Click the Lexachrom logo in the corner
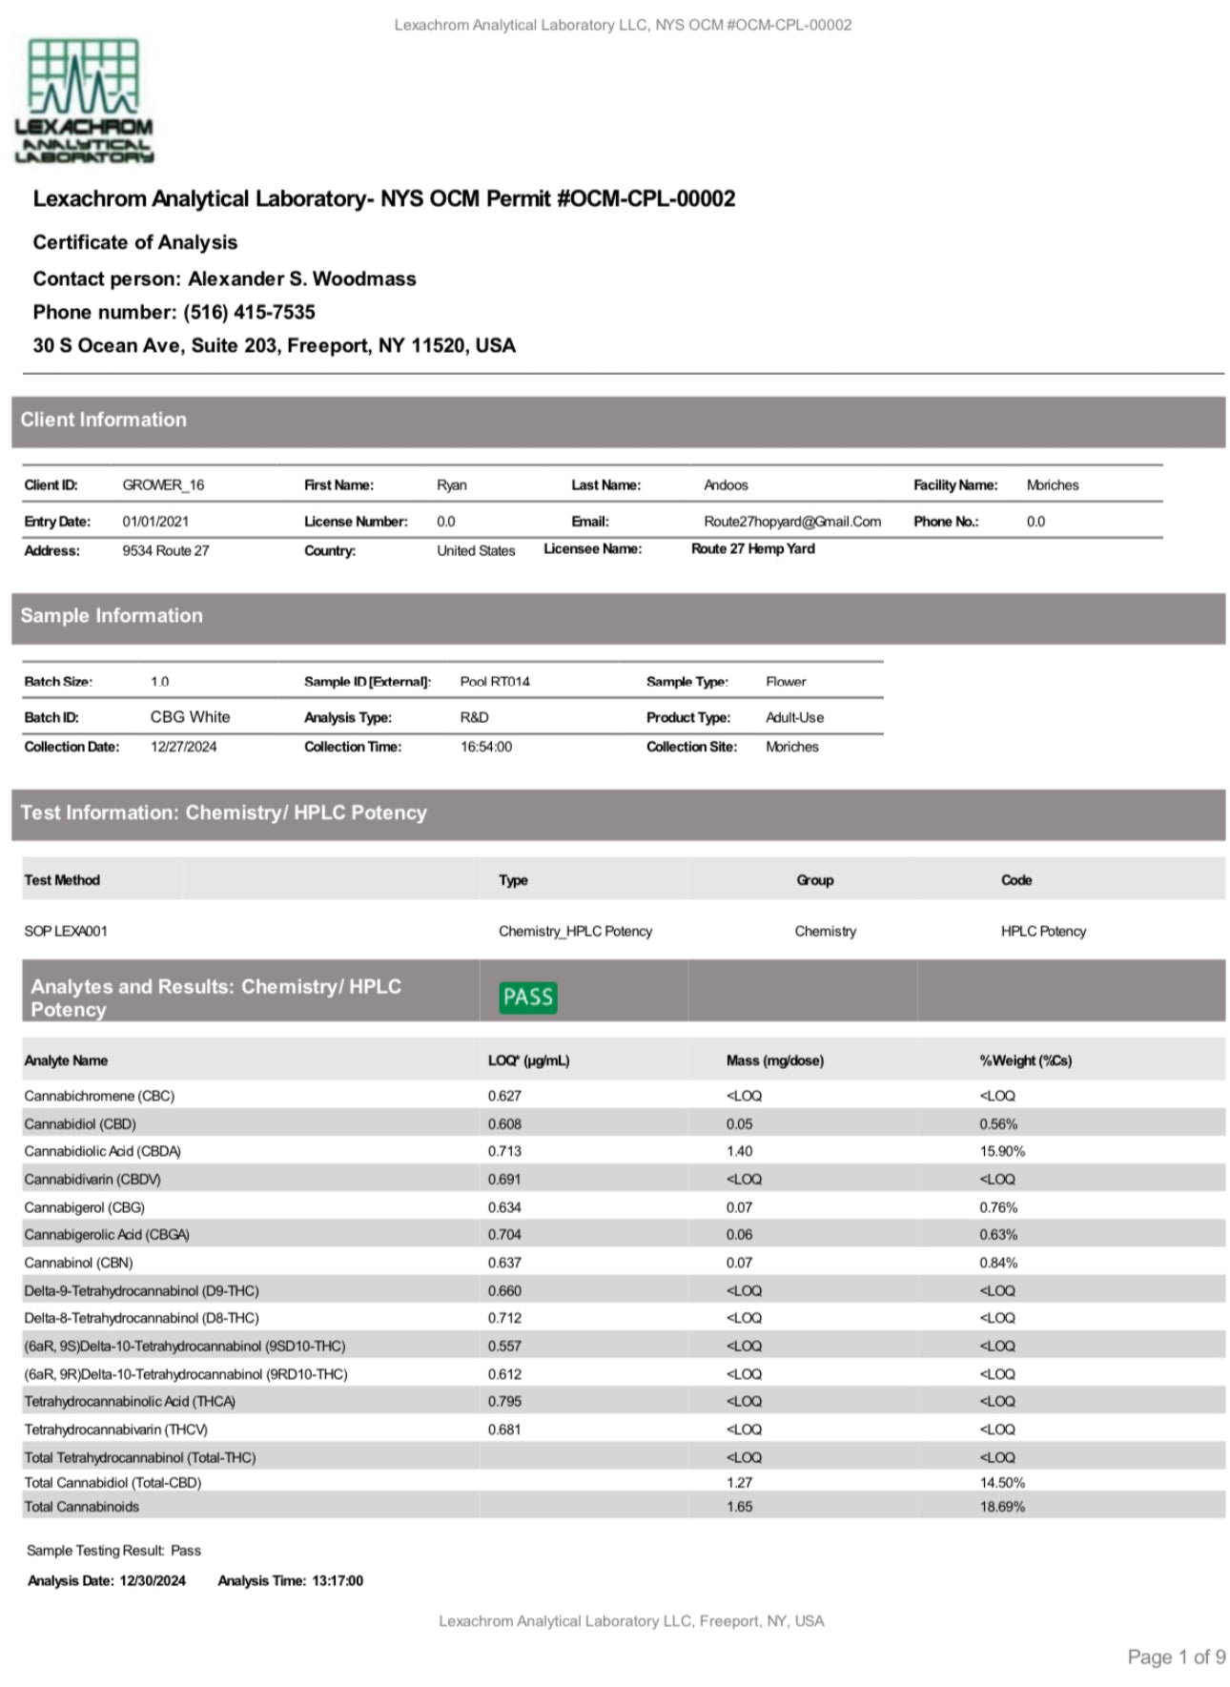(84, 100)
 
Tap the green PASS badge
(527, 997)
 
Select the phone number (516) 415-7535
(249, 312)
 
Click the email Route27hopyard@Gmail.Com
(791, 522)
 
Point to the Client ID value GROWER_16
(163, 484)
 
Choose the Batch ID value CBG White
(190, 717)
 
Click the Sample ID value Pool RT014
(494, 681)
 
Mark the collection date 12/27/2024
(183, 747)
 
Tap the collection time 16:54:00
(485, 747)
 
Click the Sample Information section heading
(112, 616)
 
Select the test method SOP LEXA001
(66, 931)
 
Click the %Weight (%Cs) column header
(1025, 1060)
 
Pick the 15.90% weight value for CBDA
(1002, 1151)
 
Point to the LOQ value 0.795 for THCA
(504, 1401)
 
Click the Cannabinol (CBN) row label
(78, 1263)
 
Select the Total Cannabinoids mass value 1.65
(739, 1507)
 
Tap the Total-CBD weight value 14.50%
(1002, 1482)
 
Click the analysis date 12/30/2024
(153, 1580)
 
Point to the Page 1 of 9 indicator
(1176, 1656)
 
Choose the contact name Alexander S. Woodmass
(301, 278)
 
